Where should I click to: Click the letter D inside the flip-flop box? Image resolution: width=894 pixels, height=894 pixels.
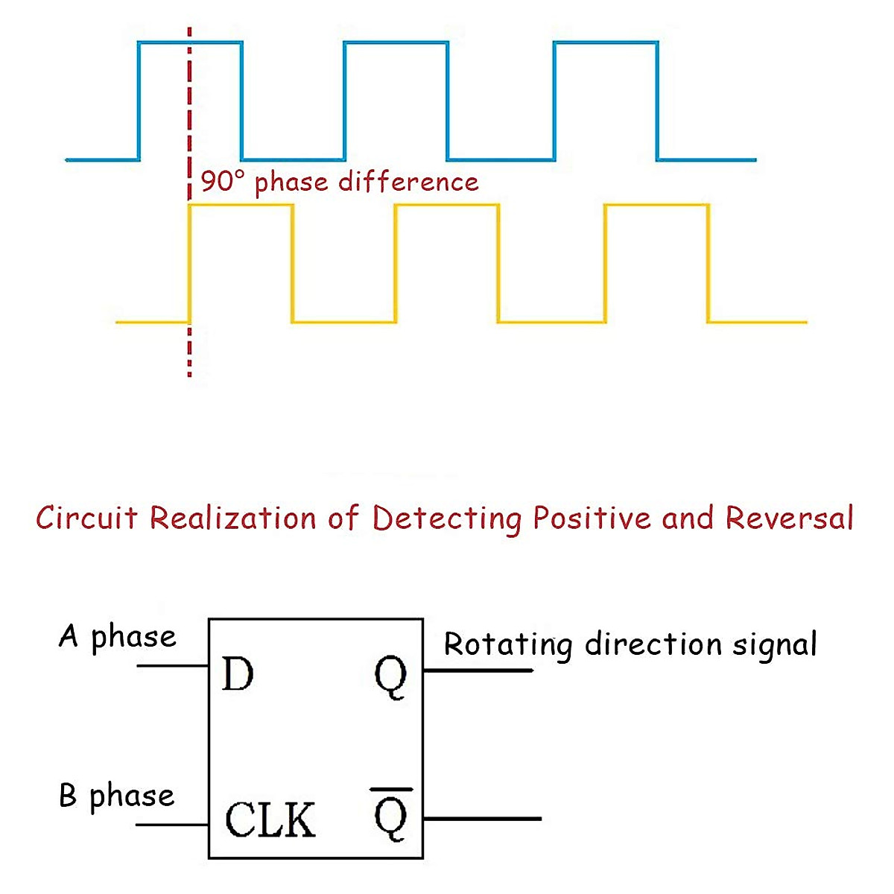(238, 673)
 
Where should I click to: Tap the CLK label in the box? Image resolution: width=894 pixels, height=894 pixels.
(270, 819)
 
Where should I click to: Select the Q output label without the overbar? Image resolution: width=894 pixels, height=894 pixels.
(390, 677)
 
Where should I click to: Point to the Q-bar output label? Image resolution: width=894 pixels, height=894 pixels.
(391, 814)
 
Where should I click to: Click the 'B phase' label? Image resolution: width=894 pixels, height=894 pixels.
(117, 796)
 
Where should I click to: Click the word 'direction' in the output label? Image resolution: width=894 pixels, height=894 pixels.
(653, 644)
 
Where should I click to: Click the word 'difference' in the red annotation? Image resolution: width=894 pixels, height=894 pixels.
(408, 181)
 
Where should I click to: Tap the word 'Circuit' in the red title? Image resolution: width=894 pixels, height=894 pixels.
(86, 517)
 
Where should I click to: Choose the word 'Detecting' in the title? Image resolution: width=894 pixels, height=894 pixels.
(448, 519)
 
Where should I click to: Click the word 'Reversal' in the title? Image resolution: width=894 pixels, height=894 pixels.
(790, 517)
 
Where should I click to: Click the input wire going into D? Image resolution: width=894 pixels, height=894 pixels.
(173, 666)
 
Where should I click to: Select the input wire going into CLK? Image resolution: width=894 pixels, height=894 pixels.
(172, 825)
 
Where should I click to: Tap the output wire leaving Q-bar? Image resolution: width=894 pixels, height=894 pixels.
(483, 819)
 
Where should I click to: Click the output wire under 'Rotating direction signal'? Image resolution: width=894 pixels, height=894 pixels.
(478, 670)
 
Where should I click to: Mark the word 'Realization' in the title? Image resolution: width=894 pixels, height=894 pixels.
(233, 517)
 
